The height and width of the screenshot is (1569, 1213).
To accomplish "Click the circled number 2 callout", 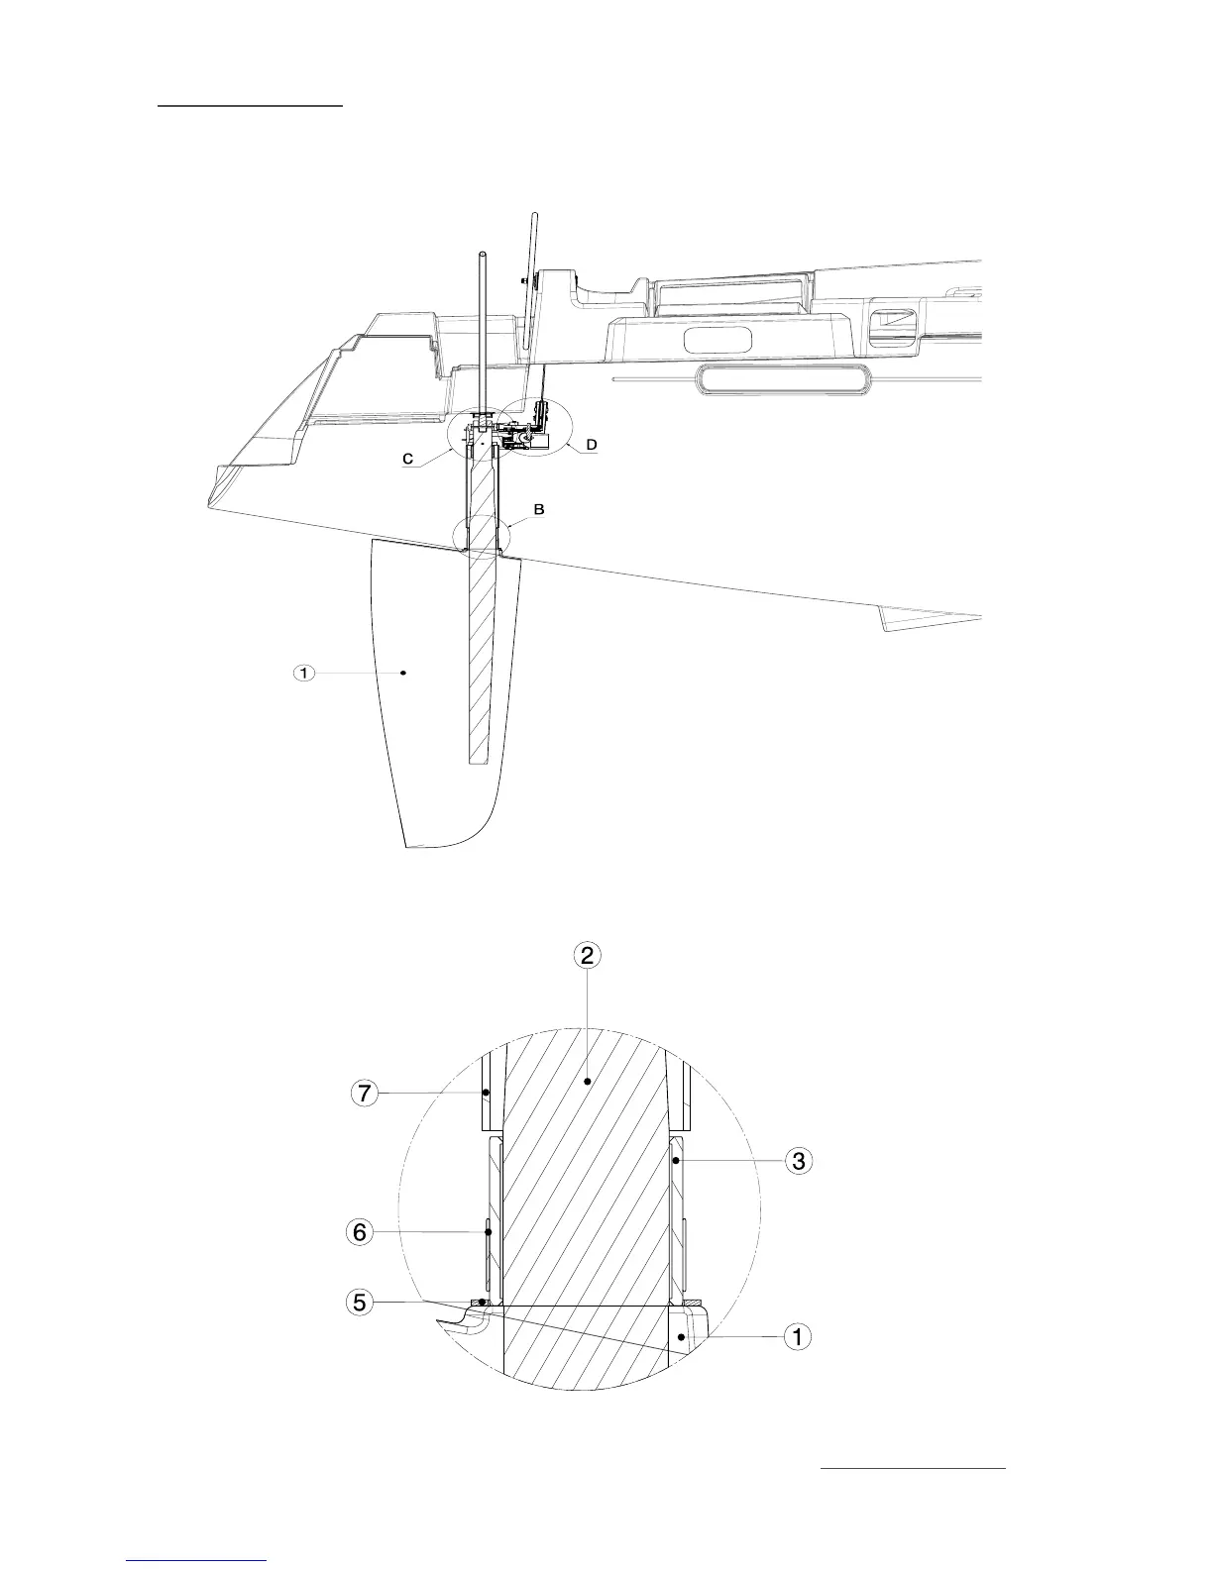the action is tap(588, 955).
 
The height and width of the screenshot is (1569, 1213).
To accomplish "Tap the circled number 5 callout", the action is tap(361, 1302).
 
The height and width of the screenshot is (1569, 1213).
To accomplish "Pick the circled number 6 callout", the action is tap(361, 1232).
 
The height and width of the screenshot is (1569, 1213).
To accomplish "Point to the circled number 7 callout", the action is tap(365, 1096).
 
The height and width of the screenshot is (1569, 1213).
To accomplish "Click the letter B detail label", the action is tap(539, 510).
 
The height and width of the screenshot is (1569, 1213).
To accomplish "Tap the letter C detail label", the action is tap(407, 460).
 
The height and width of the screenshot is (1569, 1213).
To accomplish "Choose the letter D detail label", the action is tap(592, 446).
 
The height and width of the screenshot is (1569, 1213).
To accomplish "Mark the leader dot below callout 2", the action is tap(588, 1083).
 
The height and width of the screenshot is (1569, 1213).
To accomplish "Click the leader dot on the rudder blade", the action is tap(404, 674).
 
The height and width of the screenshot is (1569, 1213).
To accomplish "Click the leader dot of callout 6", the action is tap(489, 1232).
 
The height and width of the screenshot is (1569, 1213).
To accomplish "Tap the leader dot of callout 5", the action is tap(482, 1301).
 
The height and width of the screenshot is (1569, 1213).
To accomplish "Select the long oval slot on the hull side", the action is tap(783, 378).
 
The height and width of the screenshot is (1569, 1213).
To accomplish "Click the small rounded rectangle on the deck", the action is tap(717, 339).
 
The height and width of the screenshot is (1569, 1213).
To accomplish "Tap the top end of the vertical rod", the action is tap(481, 257).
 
